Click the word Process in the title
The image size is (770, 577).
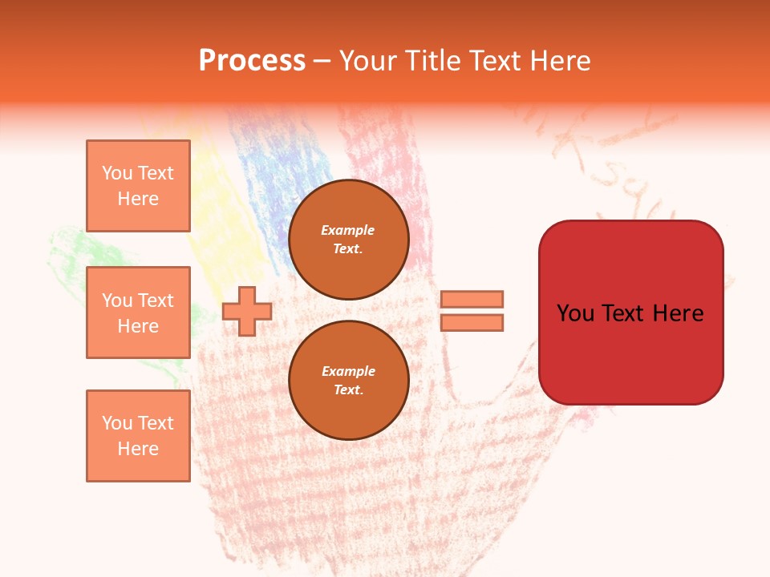(252, 61)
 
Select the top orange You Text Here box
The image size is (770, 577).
(138, 186)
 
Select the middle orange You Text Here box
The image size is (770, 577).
(138, 313)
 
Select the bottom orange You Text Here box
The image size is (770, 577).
(138, 436)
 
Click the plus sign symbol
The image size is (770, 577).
(247, 311)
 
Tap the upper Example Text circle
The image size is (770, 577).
(348, 240)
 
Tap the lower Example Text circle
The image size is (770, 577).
(348, 381)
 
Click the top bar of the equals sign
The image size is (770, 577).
(472, 299)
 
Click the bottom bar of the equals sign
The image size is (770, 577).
(472, 322)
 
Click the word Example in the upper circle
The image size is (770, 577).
(348, 230)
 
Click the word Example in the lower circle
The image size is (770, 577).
(348, 371)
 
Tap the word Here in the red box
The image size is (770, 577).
(679, 313)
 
